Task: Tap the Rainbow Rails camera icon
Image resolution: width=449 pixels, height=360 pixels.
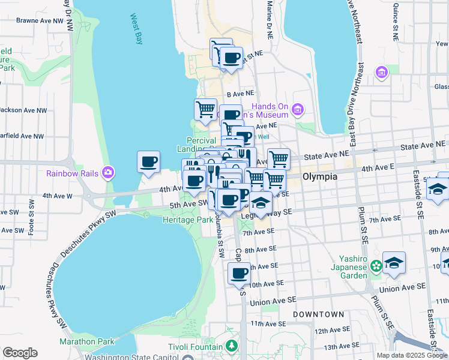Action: (x=108, y=173)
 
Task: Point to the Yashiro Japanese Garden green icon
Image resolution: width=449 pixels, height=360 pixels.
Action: (x=376, y=265)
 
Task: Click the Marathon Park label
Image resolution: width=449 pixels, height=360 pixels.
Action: (x=86, y=341)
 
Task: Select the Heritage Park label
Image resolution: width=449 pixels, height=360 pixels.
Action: (x=188, y=220)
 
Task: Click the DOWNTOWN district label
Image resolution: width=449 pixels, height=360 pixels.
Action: (x=318, y=314)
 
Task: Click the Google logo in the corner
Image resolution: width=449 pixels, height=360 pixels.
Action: (x=20, y=352)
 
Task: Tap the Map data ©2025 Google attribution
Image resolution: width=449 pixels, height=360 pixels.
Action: (x=411, y=355)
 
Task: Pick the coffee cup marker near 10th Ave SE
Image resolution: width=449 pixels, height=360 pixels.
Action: (x=239, y=274)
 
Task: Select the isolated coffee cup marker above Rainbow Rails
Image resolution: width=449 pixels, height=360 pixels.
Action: (x=149, y=161)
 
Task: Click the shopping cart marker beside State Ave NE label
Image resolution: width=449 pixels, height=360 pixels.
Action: (x=279, y=159)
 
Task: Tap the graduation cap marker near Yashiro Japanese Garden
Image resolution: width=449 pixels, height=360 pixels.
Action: (x=394, y=263)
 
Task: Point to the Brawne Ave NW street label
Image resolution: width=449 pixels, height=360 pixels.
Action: (x=40, y=20)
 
